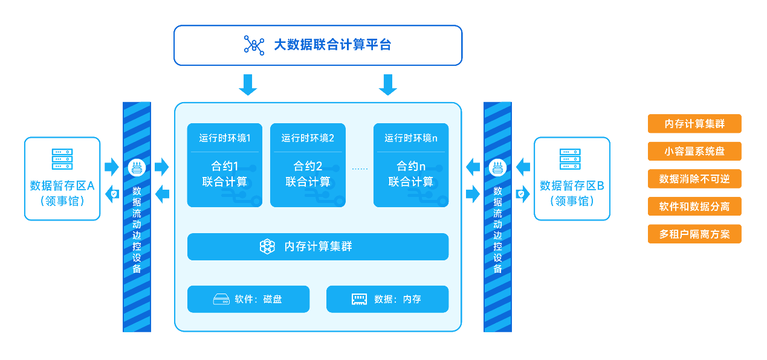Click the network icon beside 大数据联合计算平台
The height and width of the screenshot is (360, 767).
pos(254,45)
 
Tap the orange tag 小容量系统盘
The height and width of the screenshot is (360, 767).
pos(694,151)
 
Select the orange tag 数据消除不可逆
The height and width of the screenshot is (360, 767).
pos(694,179)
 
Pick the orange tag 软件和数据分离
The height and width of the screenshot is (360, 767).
pos(694,207)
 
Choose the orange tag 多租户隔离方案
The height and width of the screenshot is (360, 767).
pos(694,234)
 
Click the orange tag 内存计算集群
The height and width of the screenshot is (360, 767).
pos(694,124)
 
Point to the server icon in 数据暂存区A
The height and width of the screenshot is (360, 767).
pos(62,159)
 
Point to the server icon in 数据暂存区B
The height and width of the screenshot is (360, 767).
pos(570,159)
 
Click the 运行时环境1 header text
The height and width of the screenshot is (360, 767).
pos(225,138)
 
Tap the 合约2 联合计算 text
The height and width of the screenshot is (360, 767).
pos(308,174)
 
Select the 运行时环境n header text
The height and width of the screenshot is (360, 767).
pos(411,138)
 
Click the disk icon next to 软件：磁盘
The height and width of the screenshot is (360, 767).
pos(221,299)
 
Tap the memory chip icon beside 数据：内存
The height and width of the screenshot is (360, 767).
pos(359,299)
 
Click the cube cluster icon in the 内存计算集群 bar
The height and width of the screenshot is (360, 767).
pos(267,246)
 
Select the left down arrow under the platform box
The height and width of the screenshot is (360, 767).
pos(248,85)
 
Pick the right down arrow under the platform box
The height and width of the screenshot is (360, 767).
pos(388,85)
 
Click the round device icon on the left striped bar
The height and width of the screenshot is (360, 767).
pos(137,168)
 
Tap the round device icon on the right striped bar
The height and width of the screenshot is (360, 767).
pos(497,168)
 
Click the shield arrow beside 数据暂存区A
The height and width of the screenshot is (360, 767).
pos(112,194)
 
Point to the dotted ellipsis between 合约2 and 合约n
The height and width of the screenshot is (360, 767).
pos(360,169)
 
